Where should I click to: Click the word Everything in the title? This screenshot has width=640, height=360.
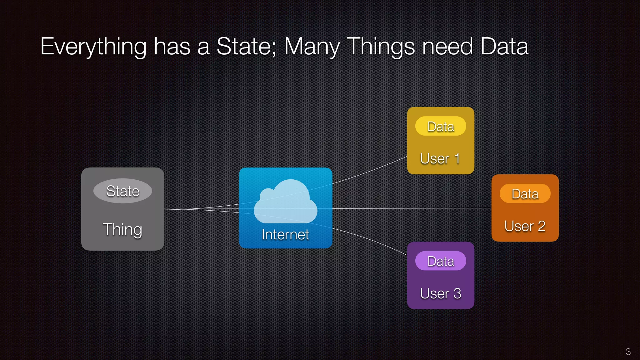click(x=93, y=47)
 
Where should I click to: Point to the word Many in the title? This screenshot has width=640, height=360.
click(x=312, y=47)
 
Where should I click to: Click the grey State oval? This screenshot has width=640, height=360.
click(x=123, y=191)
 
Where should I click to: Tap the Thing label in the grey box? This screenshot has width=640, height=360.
click(x=122, y=229)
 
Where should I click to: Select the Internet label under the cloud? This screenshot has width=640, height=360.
click(x=285, y=234)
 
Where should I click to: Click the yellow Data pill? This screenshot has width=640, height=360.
click(x=441, y=126)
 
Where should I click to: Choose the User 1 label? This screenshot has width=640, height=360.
click(x=440, y=158)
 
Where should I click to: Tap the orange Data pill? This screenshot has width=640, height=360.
click(x=525, y=194)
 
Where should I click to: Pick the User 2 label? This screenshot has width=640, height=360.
click(x=525, y=226)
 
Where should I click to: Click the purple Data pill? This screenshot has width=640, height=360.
click(x=441, y=261)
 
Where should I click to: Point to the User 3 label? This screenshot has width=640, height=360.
click(x=440, y=293)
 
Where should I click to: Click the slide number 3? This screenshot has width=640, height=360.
click(x=628, y=352)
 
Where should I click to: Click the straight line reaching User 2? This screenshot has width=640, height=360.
click(x=412, y=208)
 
